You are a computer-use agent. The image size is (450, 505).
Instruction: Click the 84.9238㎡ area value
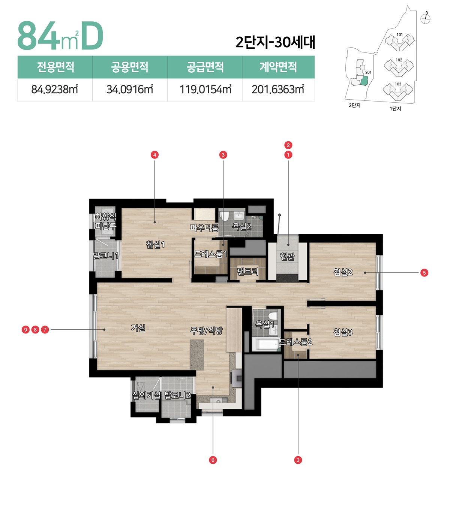55,90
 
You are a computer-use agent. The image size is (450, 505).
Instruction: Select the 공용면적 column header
130,67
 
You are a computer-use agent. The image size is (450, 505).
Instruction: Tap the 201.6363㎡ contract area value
278,90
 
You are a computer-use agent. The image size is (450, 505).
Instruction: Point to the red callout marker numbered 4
154,155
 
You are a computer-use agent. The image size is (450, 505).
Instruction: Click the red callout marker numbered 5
424,273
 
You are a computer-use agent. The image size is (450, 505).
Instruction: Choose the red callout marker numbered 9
25,330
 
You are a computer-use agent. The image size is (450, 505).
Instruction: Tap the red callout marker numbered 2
288,145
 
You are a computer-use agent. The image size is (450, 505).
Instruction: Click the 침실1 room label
155,245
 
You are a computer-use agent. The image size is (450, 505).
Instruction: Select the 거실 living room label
138,328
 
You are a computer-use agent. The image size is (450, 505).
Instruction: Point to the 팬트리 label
247,271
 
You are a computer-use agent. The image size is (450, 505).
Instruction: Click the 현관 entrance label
287,256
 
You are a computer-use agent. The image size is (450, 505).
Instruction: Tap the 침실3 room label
343,332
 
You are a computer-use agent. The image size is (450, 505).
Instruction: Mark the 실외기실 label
146,395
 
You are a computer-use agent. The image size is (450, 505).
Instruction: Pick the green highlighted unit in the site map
364,81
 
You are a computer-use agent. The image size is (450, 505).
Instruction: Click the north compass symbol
425,18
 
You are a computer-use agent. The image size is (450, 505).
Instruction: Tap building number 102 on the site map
399,60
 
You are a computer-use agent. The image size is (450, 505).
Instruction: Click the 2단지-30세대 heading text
275,42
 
